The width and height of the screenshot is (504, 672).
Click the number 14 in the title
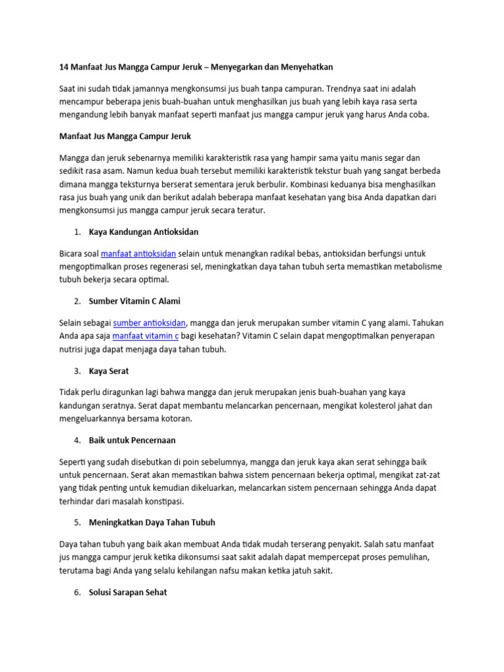point(64,67)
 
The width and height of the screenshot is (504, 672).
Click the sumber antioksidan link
point(150,322)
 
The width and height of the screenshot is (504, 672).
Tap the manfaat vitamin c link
point(146,335)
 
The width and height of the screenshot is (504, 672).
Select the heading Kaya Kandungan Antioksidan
point(143,232)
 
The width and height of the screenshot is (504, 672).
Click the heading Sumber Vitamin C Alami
point(134,301)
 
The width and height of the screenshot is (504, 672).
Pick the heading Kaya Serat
point(109,371)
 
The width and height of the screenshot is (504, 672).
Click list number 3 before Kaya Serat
point(77,371)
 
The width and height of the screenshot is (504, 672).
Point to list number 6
point(77,592)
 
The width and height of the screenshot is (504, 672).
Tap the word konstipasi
point(162,501)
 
